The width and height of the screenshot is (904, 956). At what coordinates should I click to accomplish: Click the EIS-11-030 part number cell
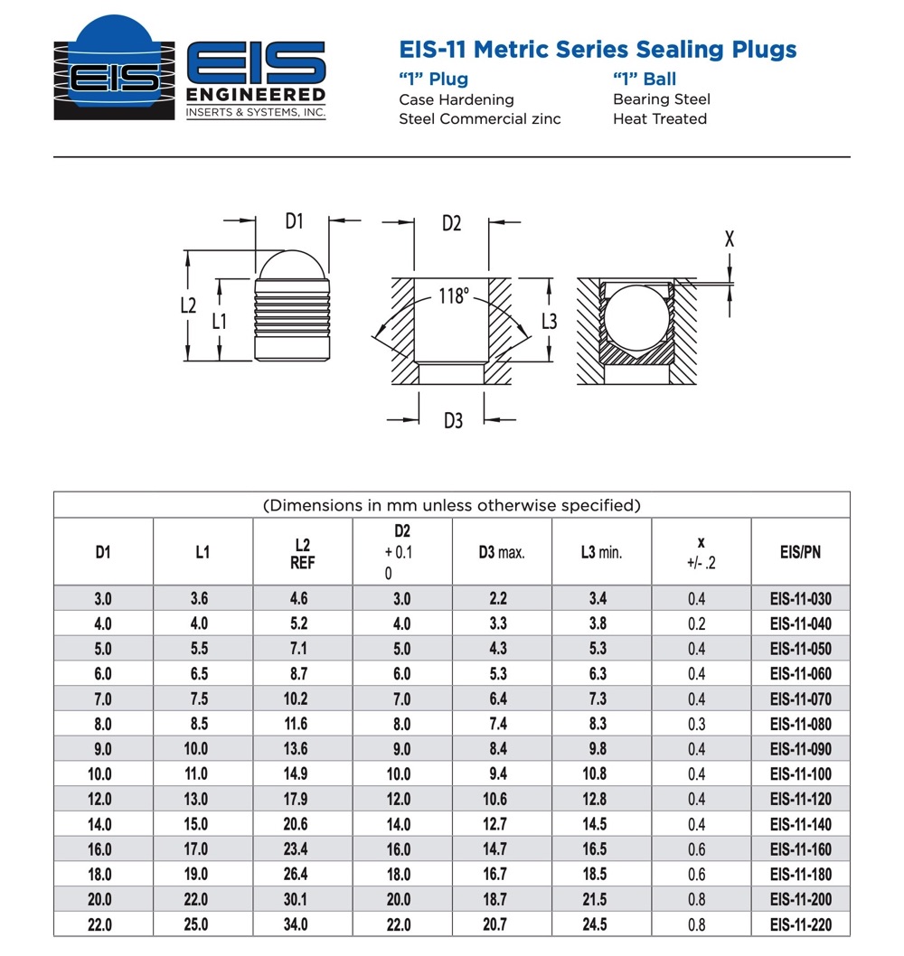(x=800, y=598)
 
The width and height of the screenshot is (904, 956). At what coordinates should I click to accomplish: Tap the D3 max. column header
(x=502, y=552)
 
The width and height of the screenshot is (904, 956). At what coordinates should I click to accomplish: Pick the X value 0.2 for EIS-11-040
(x=695, y=623)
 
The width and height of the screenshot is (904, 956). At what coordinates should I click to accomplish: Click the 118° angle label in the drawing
(x=455, y=295)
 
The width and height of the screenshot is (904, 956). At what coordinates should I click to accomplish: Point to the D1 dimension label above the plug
(x=295, y=220)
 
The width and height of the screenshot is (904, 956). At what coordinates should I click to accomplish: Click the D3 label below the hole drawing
(x=453, y=420)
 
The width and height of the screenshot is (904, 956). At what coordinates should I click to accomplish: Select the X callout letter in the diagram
(x=730, y=239)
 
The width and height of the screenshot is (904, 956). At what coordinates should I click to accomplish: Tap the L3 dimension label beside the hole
(x=549, y=321)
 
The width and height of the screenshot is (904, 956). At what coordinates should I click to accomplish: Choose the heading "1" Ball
(x=645, y=79)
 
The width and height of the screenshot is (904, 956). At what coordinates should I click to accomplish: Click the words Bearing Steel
(x=662, y=99)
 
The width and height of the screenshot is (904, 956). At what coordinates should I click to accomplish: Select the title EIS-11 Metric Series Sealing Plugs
(x=598, y=49)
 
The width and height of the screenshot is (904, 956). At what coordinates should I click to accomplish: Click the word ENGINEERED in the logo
(x=256, y=95)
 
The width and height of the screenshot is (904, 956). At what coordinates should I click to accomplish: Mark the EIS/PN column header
(x=800, y=552)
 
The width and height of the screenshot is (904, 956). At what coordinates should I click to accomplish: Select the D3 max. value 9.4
(x=498, y=774)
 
